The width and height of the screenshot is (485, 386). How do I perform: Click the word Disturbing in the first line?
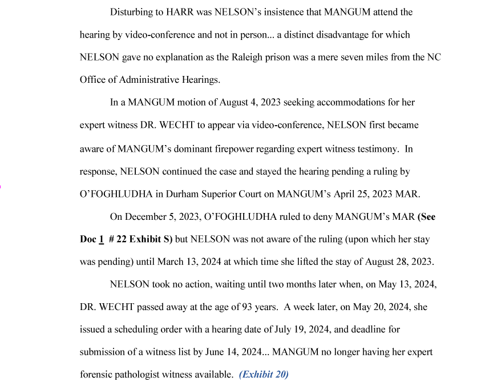click(131, 12)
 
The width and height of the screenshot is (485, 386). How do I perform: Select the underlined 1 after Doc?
click(101, 239)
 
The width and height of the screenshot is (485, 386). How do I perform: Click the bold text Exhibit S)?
click(151, 239)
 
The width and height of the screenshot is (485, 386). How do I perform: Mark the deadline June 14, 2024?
click(235, 352)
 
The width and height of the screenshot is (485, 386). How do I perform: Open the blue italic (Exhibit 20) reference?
click(264, 375)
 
